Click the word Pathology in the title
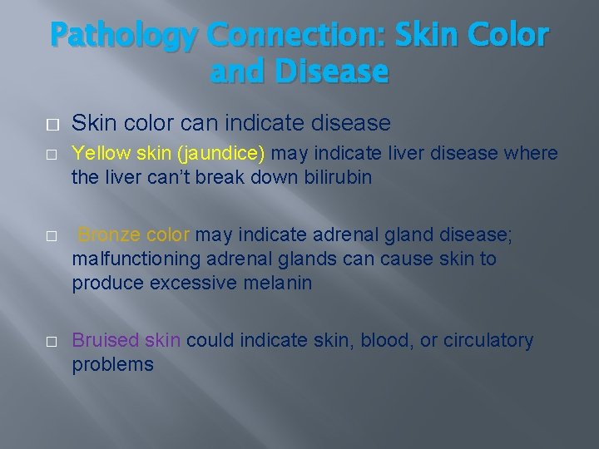pos(124,36)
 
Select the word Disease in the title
pos(334,72)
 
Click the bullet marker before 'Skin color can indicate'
pos(52,125)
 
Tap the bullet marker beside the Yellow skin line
pos(52,155)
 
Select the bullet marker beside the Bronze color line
pos(52,236)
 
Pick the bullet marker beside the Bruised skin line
pos(52,342)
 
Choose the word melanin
pos(279,283)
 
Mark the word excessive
pos(194,283)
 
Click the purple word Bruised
pos(105,340)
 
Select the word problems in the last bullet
pos(112,364)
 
